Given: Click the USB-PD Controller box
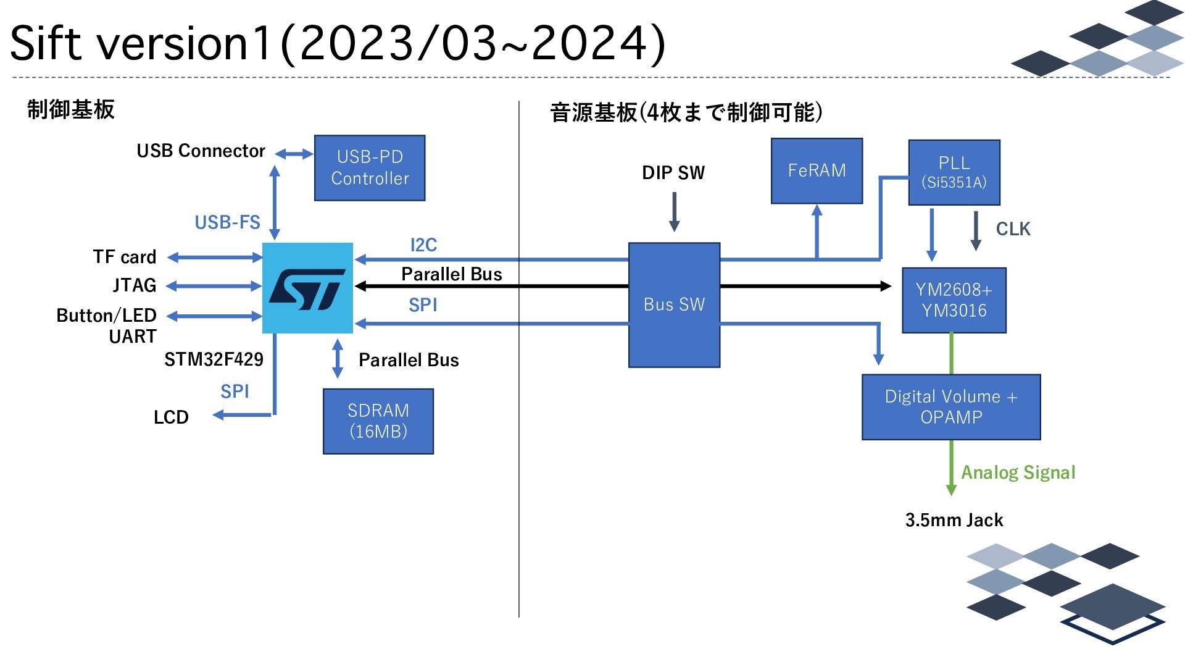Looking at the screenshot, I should point(370,168).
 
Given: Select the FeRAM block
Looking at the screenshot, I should point(817,170).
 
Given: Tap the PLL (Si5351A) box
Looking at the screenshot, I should point(954,172).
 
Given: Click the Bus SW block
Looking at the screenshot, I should point(674,304).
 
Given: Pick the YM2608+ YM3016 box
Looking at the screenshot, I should point(954,300).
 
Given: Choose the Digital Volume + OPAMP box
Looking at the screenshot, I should point(950,407).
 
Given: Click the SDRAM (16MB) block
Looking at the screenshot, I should point(378,421).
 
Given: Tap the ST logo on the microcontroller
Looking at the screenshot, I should point(307,288).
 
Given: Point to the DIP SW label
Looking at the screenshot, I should point(673,173).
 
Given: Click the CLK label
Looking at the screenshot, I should point(1013,229).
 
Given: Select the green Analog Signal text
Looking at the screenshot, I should point(1018,472).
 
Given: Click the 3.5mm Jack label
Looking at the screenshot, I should point(954,520).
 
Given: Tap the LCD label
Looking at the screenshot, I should point(171,417).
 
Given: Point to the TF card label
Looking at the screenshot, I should point(125,257).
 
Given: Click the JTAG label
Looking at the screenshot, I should point(135,285).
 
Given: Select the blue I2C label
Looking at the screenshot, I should point(423,245).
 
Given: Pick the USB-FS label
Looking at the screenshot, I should point(227,222).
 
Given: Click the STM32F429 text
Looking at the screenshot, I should point(214,359).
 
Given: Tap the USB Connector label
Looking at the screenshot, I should point(201,151).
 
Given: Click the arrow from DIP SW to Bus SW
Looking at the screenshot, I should point(674,212).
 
